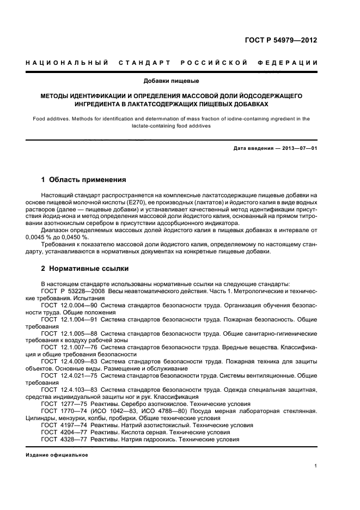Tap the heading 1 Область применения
pyautogui.click(x=84, y=179)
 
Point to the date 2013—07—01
pyautogui.click(x=297, y=149)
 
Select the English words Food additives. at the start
pyautogui.click(x=52, y=118)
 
